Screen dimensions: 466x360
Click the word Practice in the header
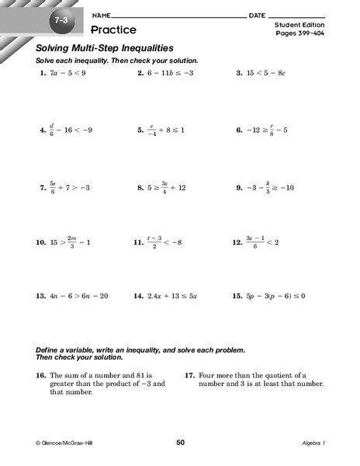pos(113,30)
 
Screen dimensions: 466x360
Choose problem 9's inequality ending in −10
pos(272,188)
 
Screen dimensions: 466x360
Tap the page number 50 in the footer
pos(181,443)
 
